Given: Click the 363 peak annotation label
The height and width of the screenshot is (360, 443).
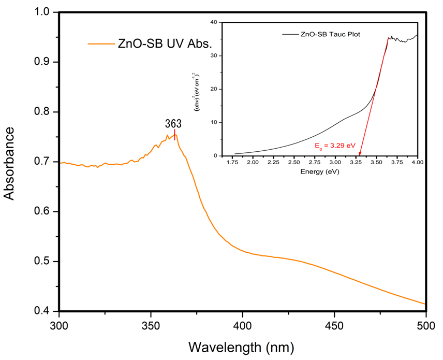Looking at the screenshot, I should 174,123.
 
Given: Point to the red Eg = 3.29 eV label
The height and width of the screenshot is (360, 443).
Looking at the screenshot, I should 335,147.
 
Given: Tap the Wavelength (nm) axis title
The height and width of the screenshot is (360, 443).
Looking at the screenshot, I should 242,346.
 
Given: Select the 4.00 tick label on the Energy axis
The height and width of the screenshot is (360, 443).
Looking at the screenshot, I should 417,163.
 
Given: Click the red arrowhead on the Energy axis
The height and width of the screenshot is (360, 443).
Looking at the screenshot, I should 360,154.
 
